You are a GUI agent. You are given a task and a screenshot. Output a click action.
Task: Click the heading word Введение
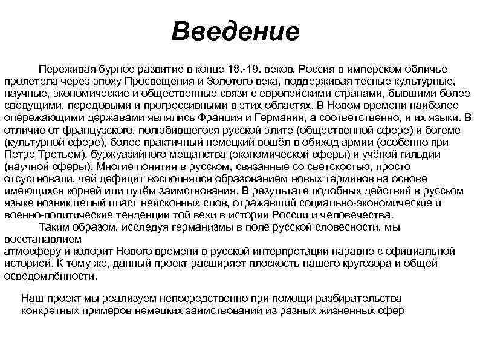click(x=235, y=31)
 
